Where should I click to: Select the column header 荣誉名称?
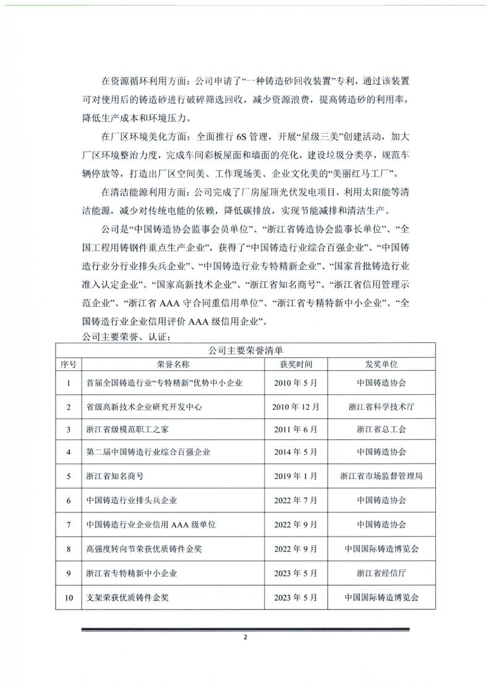(173, 365)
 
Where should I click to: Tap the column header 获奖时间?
(296, 365)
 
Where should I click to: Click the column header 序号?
(68, 365)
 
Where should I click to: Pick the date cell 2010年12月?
(296, 407)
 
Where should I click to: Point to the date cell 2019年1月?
(296, 476)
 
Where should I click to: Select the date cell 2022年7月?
(296, 500)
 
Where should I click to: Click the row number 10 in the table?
(68, 598)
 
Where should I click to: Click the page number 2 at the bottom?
(246, 638)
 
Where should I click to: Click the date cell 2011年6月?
(296, 430)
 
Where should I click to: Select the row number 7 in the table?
(68, 524)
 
